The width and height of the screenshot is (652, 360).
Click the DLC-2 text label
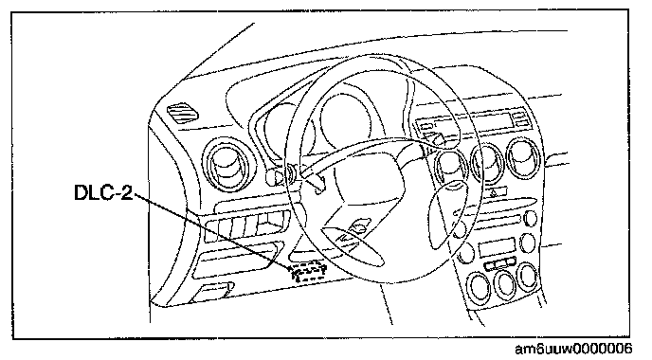(103, 192)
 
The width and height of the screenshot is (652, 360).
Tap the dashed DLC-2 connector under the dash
(307, 272)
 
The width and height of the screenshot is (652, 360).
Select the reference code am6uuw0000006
(573, 349)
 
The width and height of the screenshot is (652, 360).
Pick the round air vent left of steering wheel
(225, 164)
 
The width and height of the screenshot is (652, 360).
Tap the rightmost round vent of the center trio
(524, 159)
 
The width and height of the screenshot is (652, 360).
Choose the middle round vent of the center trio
(487, 163)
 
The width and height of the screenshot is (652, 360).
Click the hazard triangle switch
(494, 193)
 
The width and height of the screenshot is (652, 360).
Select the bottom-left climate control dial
(479, 286)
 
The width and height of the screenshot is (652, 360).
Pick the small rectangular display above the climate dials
(497, 247)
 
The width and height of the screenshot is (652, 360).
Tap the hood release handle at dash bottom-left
(212, 292)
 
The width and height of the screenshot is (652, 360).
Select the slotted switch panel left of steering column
(246, 225)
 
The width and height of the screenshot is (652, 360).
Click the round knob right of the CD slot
(530, 219)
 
